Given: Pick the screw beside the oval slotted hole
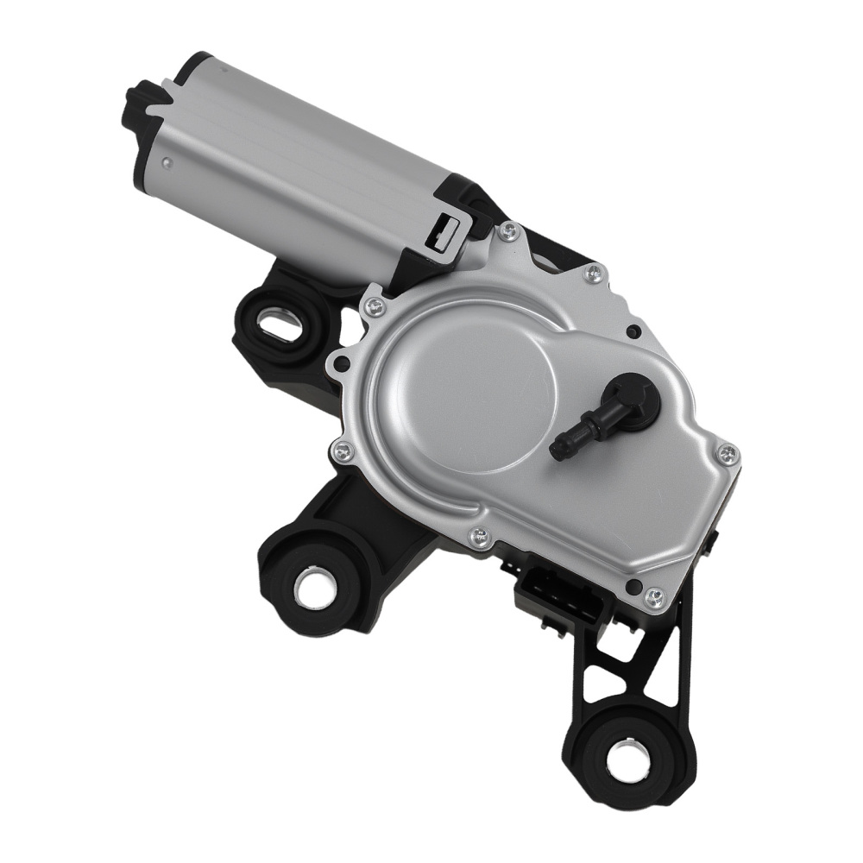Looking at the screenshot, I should [x=374, y=303].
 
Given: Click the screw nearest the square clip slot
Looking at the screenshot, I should [x=509, y=230].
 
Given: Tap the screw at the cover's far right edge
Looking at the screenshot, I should [x=728, y=452].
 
